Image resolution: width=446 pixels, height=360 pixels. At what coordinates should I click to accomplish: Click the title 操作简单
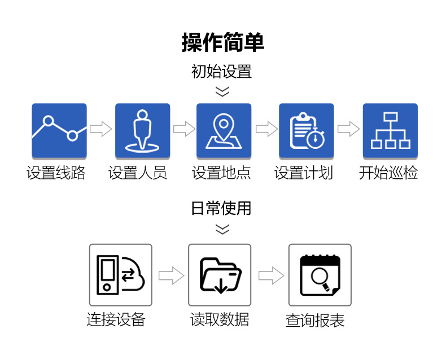pyautogui.click(x=223, y=43)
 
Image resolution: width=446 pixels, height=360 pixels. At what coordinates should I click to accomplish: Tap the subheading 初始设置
pyautogui.click(x=221, y=72)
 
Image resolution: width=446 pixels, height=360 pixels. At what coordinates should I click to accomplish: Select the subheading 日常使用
pyautogui.click(x=221, y=209)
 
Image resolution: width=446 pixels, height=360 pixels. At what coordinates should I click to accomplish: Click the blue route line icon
pyautogui.click(x=59, y=131)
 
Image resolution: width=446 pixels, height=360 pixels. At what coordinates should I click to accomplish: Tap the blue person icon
pyautogui.click(x=142, y=131)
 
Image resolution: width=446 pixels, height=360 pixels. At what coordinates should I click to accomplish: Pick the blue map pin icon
pyautogui.click(x=224, y=131)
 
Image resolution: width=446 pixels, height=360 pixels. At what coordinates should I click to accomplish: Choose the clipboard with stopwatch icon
pyautogui.click(x=307, y=131)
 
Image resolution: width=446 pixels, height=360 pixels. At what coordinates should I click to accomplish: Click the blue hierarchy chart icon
pyautogui.click(x=390, y=131)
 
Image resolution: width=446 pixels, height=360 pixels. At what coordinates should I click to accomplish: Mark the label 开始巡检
pyautogui.click(x=388, y=173)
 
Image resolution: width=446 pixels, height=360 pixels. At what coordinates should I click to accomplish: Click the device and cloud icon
pyautogui.click(x=120, y=275)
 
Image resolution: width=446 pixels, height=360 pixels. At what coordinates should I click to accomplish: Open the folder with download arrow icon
pyautogui.click(x=220, y=275)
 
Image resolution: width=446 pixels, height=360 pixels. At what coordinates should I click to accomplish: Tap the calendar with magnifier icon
pyautogui.click(x=320, y=275)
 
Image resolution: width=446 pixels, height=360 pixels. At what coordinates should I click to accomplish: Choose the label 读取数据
pyautogui.click(x=220, y=320)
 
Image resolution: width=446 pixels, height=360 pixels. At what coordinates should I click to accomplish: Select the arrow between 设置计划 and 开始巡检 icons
pyautogui.click(x=348, y=129)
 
